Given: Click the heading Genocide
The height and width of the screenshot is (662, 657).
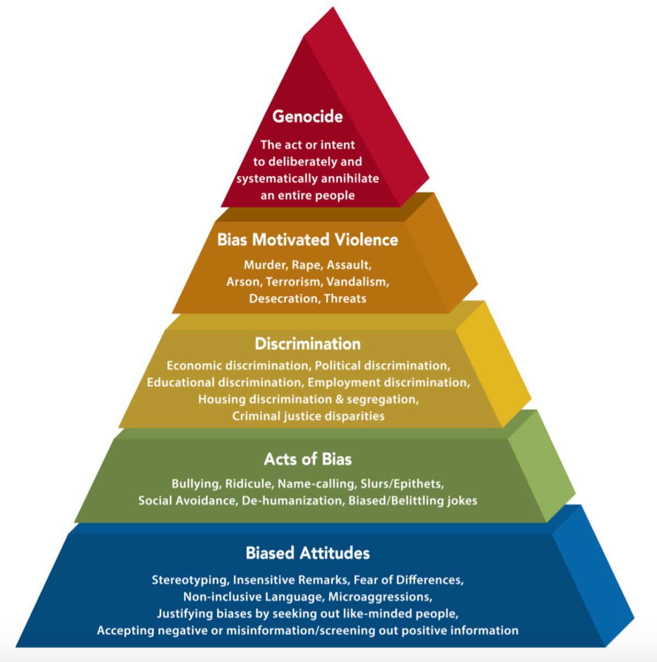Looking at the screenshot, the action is [x=308, y=117].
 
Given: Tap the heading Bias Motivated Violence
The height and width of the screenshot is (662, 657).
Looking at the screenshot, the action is [x=308, y=240].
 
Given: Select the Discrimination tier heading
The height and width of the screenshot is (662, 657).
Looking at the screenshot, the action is [x=308, y=344].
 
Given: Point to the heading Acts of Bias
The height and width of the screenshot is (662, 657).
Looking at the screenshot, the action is [x=308, y=459].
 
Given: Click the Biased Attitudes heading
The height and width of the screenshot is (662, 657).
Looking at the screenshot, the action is [x=308, y=553].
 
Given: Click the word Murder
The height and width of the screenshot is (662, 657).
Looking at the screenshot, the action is [x=266, y=265].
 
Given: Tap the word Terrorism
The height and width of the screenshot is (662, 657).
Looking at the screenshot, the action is [x=294, y=282].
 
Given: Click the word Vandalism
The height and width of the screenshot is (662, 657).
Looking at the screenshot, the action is [x=358, y=282].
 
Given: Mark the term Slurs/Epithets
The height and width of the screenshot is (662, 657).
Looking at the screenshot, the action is [x=402, y=484].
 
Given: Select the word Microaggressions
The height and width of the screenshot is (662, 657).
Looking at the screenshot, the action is [x=380, y=597].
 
